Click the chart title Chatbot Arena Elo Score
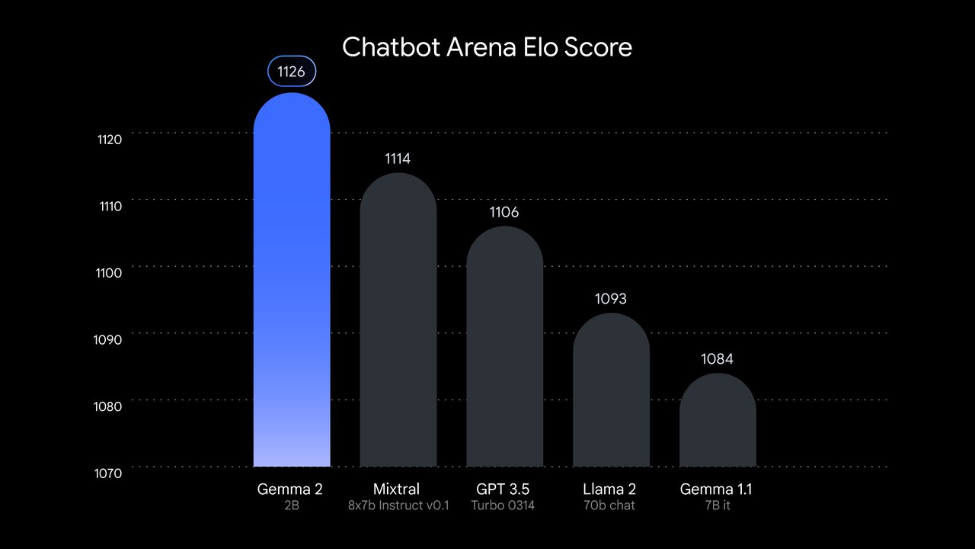point(487,47)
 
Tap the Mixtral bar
point(398,320)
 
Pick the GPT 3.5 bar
point(504,347)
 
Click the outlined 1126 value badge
point(292,72)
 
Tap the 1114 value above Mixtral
point(398,159)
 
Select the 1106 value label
point(504,212)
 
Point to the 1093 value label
point(611,299)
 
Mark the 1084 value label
point(718,359)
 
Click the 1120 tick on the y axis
point(110,140)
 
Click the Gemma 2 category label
point(292,489)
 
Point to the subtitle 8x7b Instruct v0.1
point(398,506)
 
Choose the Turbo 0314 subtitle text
point(504,506)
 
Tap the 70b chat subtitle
point(611,506)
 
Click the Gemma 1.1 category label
point(718,489)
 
